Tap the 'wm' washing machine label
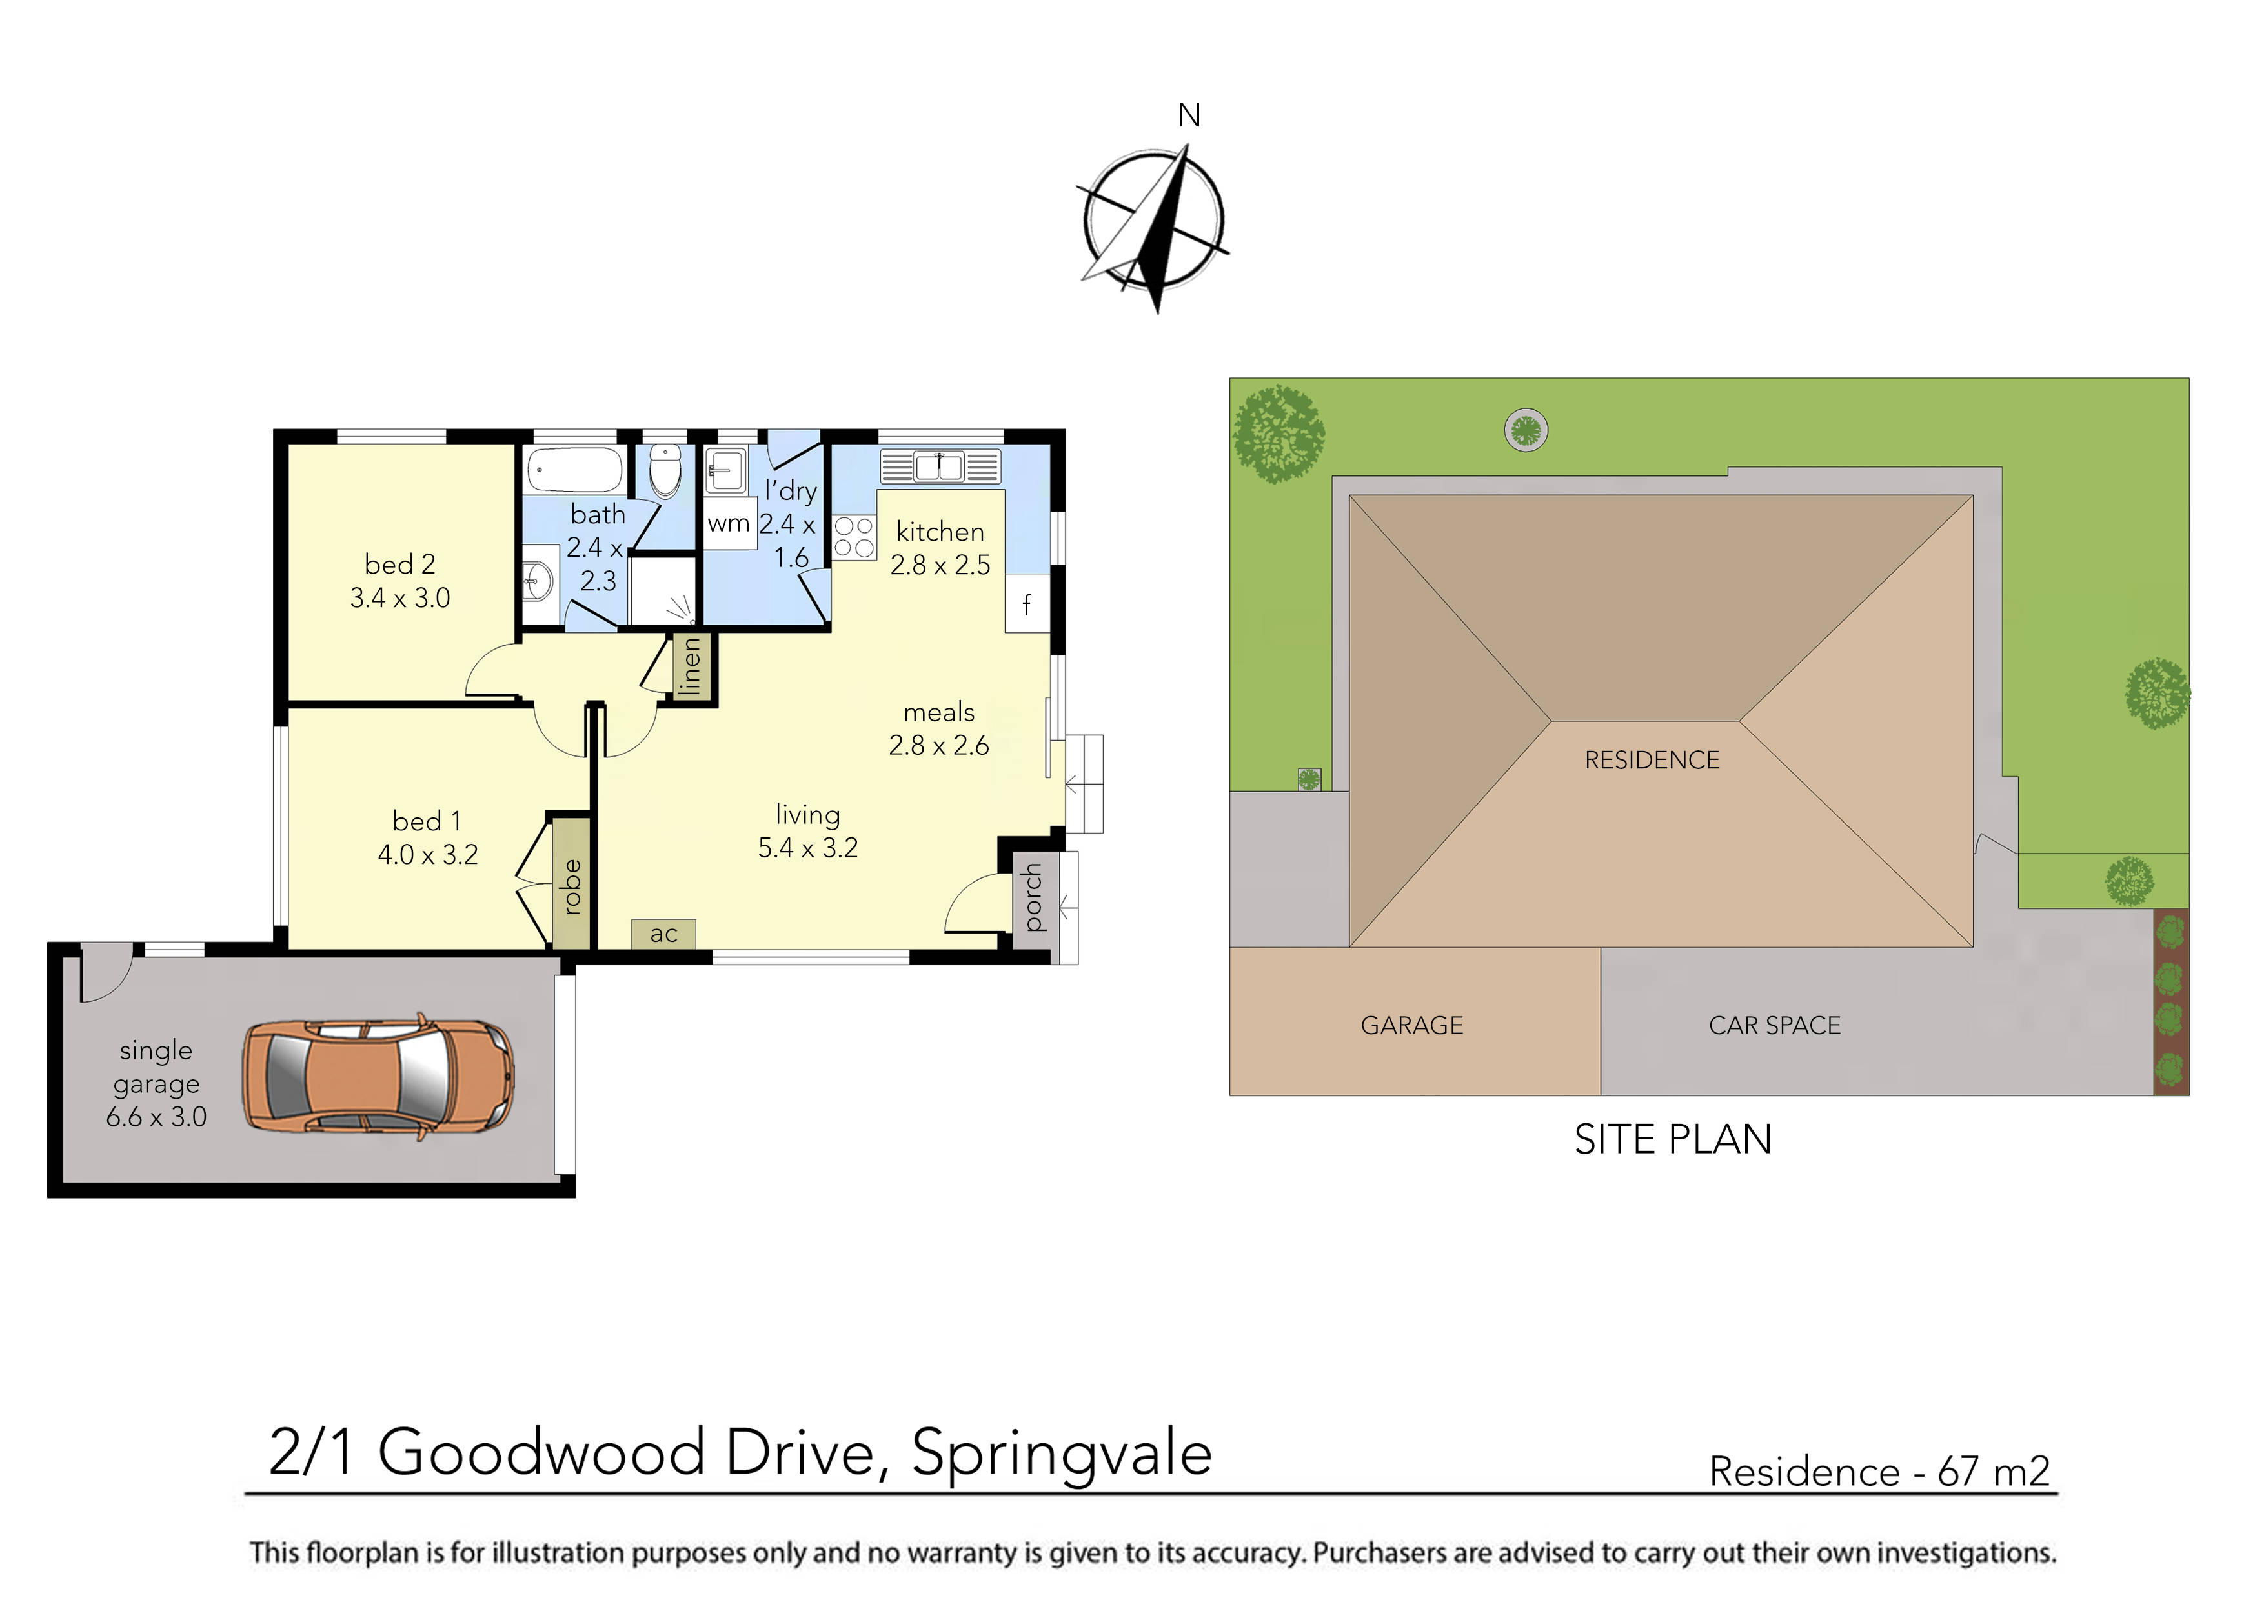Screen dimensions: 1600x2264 (x=729, y=523)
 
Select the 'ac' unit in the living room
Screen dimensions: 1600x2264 (x=663, y=933)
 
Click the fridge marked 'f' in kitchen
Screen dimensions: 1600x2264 (x=1027, y=603)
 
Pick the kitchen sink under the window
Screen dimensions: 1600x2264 (x=939, y=465)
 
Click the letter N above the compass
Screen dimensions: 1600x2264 (x=1189, y=116)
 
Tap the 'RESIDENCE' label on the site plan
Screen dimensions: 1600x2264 (x=1652, y=759)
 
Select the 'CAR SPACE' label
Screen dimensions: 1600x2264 (x=1774, y=1025)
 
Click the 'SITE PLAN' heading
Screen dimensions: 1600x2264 (x=1672, y=1139)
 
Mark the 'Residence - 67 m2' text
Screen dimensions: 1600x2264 (x=1879, y=1471)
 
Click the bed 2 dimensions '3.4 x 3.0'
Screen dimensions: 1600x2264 (x=399, y=597)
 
